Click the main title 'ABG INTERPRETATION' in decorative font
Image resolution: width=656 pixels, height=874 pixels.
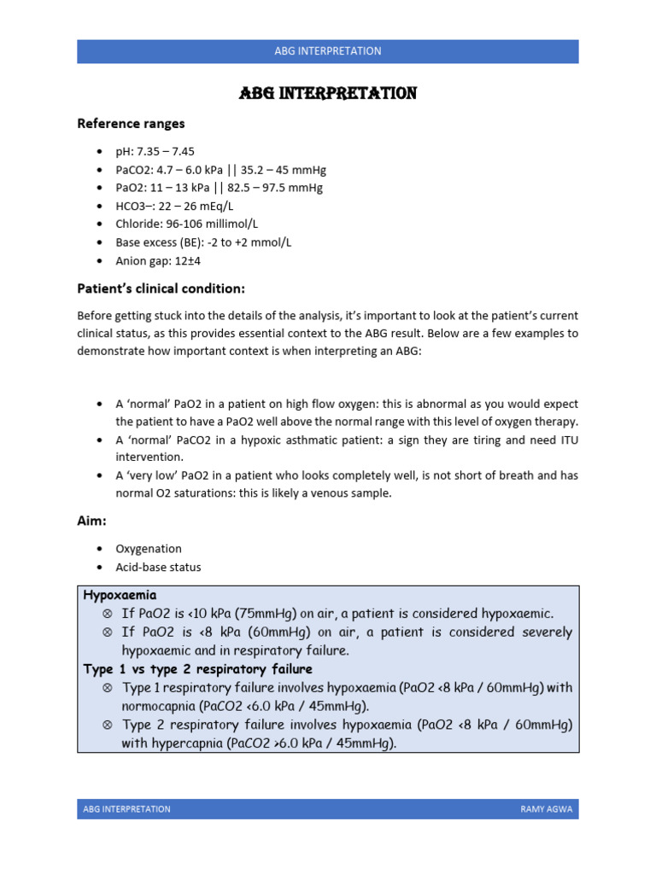tap(327, 94)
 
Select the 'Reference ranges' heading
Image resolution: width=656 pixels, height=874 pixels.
tap(131, 124)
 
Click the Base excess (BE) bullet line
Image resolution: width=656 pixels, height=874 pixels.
tap(203, 242)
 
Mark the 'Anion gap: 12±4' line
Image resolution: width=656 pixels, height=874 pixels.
tap(158, 260)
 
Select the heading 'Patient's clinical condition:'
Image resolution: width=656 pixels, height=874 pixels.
tap(161, 288)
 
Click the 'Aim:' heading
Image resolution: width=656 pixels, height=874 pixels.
tap(92, 521)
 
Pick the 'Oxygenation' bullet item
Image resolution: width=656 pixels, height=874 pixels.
tap(149, 549)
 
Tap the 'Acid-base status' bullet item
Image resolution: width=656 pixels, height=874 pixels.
tap(159, 567)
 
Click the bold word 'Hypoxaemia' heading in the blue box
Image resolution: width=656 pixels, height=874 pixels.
tap(120, 594)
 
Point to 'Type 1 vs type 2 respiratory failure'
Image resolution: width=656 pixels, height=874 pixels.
tap(197, 668)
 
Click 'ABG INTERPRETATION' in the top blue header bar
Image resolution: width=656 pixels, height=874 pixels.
tap(327, 51)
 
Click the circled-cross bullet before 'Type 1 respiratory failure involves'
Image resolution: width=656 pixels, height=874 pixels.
tap(107, 688)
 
